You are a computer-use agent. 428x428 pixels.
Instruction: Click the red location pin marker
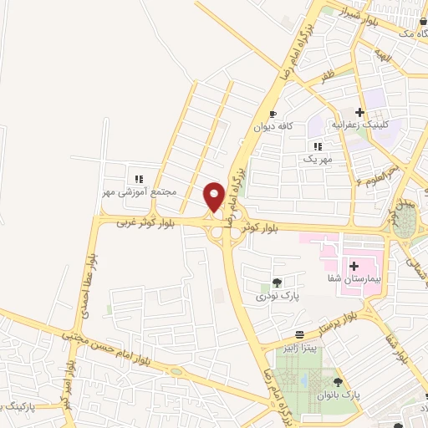tap(214, 196)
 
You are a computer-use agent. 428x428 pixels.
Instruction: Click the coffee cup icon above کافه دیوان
tap(273, 113)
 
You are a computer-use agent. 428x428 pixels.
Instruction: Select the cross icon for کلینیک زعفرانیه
tap(359, 113)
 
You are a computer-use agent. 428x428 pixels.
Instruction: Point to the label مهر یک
tap(318, 157)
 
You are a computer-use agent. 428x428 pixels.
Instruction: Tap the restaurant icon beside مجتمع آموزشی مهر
tap(140, 178)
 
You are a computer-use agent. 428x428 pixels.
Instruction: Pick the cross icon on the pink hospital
tap(354, 265)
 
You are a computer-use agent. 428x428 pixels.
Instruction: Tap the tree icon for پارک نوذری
tap(277, 283)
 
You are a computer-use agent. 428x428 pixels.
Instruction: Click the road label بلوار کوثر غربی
tap(137, 221)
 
